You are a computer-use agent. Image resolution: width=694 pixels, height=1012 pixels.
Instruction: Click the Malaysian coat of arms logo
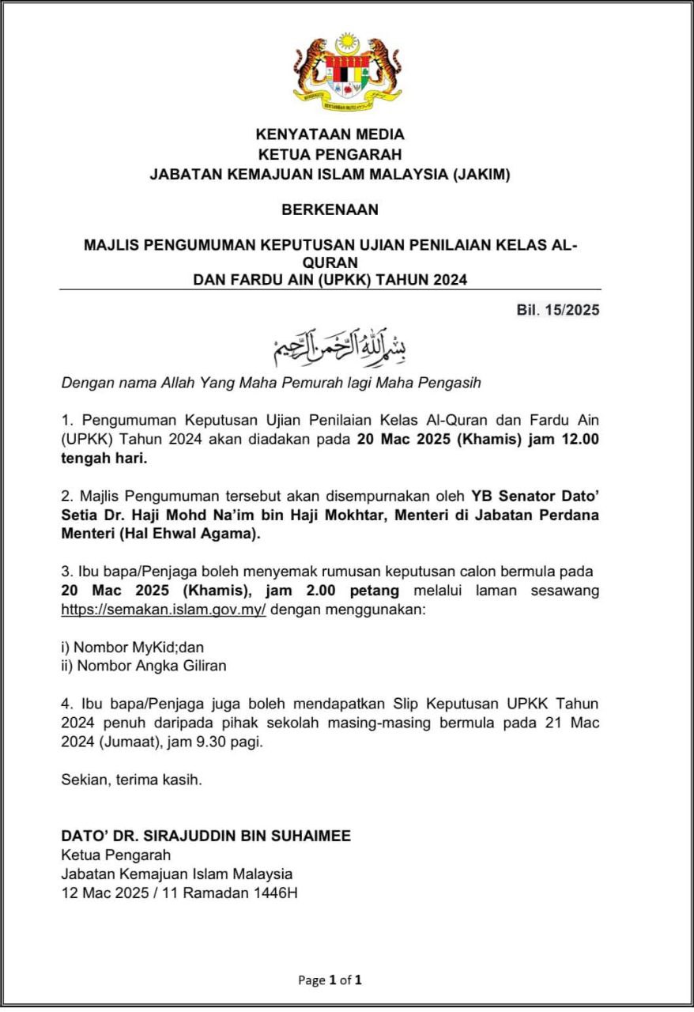(347, 71)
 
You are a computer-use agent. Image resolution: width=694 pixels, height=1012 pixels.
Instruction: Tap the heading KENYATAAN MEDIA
(330, 134)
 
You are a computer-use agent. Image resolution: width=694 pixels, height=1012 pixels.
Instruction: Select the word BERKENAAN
(330, 210)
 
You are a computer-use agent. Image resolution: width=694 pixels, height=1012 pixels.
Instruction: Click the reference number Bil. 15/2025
(553, 310)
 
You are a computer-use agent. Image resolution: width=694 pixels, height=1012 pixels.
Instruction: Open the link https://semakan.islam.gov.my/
(164, 610)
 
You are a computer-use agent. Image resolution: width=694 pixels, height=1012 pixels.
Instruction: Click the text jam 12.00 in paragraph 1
(564, 440)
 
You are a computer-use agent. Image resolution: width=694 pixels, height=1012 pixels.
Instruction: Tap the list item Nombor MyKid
(123, 647)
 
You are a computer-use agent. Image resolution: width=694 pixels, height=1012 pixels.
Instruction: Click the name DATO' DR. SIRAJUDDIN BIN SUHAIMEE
(206, 836)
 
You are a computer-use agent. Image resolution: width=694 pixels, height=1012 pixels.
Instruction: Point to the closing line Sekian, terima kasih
(132, 780)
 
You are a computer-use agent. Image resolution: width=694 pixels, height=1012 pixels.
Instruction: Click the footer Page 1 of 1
(330, 980)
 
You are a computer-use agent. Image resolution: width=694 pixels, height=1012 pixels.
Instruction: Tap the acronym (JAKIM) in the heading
(481, 175)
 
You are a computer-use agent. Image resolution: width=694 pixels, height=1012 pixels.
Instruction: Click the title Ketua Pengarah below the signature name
(115, 855)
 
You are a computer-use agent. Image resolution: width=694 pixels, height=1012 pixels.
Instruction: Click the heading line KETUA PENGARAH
(330, 154)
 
